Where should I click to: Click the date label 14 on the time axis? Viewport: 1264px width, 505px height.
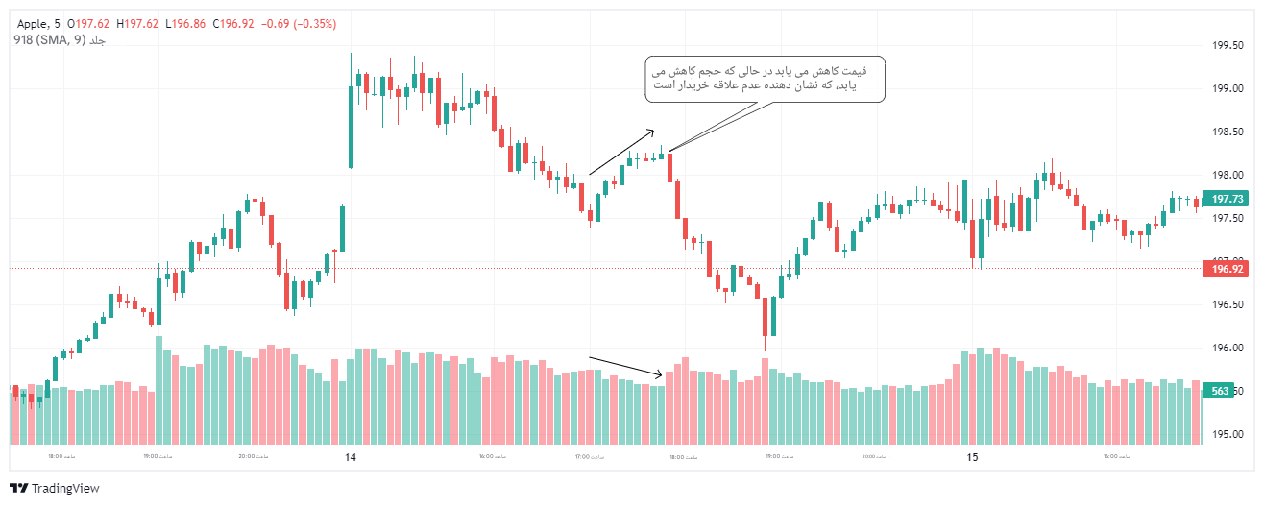click(351, 458)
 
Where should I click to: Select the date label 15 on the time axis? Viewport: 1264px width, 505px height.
click(972, 458)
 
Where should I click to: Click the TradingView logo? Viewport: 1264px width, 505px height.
click(55, 489)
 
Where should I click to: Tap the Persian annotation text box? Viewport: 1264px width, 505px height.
click(764, 79)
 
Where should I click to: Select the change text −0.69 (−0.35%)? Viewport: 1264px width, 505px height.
click(298, 24)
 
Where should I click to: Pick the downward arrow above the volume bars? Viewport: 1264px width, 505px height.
click(624, 366)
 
